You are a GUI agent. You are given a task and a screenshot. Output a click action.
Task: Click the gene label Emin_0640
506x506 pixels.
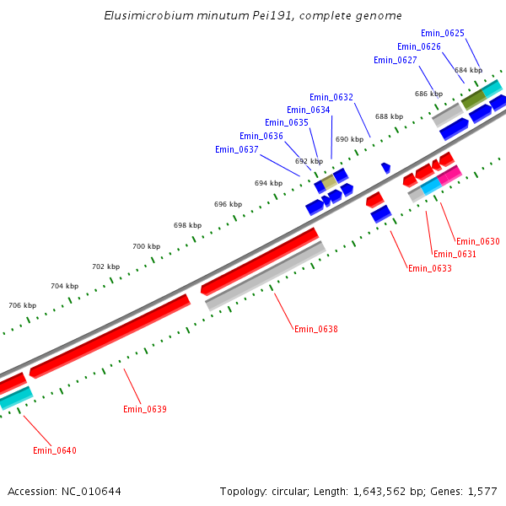[55, 450]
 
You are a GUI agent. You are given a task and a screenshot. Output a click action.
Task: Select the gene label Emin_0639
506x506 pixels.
[145, 409]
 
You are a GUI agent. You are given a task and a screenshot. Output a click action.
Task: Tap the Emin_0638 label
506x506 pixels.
[315, 328]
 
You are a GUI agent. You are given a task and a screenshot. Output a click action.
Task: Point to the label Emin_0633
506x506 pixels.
[429, 268]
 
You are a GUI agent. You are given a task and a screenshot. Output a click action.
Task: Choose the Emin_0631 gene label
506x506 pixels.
[455, 254]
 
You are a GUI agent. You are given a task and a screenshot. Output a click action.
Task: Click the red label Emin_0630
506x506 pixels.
[478, 241]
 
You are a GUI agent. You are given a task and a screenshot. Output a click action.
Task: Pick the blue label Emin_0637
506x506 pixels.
[236, 149]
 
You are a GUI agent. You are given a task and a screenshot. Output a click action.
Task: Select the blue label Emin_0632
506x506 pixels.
[331, 97]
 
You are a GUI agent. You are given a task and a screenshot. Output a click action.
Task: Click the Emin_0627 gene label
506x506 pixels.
[396, 60]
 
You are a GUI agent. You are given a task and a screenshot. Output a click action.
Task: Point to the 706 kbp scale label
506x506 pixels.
[23, 305]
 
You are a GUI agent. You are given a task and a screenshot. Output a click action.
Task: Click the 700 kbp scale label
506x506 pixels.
[146, 246]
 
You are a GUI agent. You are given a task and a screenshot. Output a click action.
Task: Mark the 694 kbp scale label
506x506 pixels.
[268, 183]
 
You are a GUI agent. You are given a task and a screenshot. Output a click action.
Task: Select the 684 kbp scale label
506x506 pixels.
[468, 70]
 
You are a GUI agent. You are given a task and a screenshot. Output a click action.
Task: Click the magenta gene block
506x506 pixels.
[449, 175]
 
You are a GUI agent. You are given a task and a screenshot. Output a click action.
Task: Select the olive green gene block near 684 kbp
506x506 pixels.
[473, 100]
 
